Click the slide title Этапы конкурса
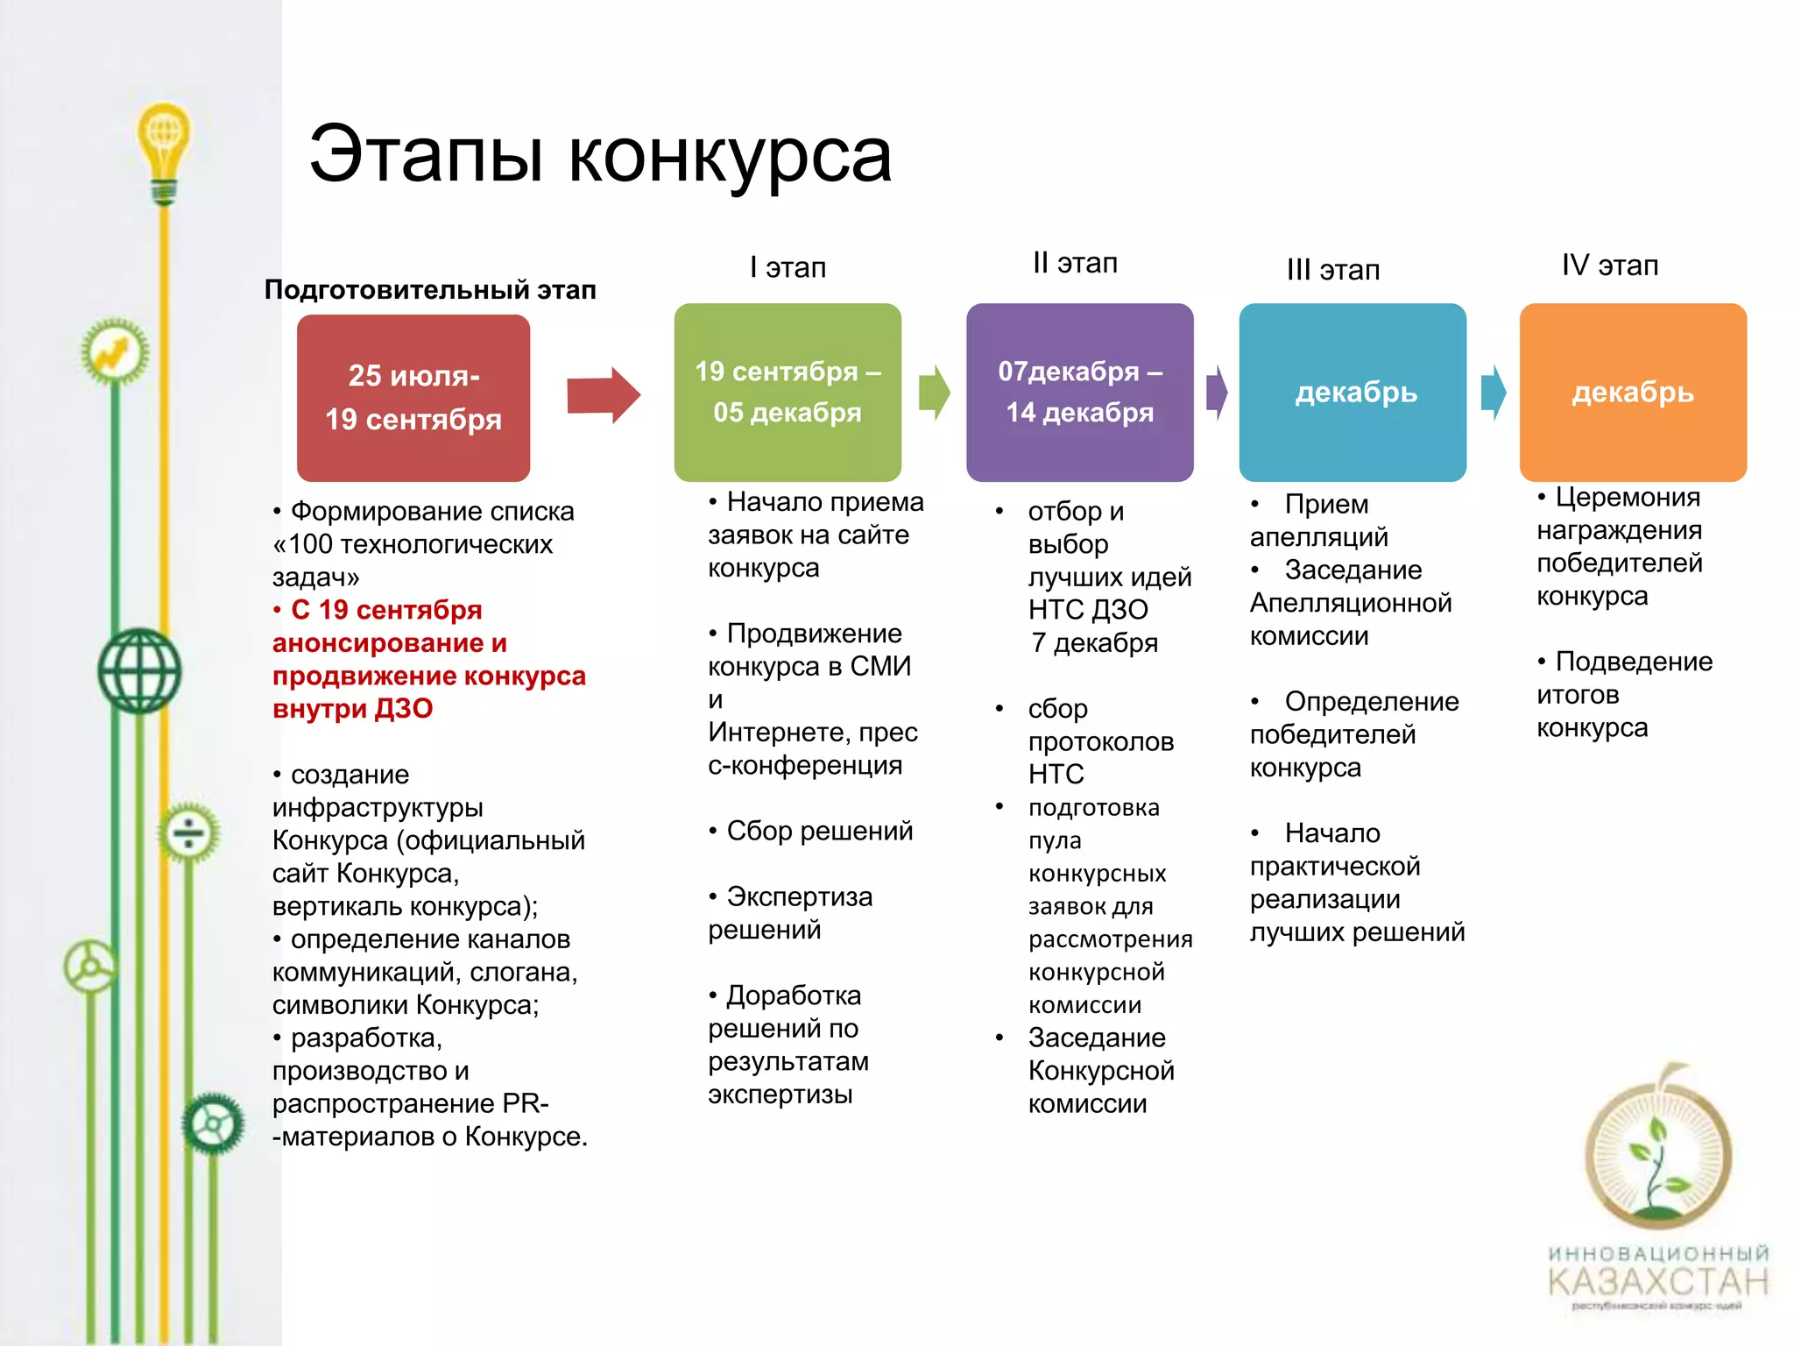[x=600, y=156]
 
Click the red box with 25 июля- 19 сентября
[x=413, y=398]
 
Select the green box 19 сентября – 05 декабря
[x=788, y=393]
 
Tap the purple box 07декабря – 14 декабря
[x=1079, y=393]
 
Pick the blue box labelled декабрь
[x=1353, y=393]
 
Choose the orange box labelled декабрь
[x=1633, y=393]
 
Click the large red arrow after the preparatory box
[x=603, y=395]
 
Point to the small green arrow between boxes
[x=934, y=393]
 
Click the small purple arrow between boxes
[x=1217, y=393]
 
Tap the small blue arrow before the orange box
[x=1493, y=393]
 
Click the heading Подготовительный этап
[x=430, y=290]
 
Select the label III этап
[x=1332, y=270]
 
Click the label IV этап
[x=1609, y=266]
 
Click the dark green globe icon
[x=139, y=671]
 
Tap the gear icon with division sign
[x=188, y=832]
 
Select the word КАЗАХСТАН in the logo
[x=1658, y=1282]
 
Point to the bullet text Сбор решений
[x=819, y=831]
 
